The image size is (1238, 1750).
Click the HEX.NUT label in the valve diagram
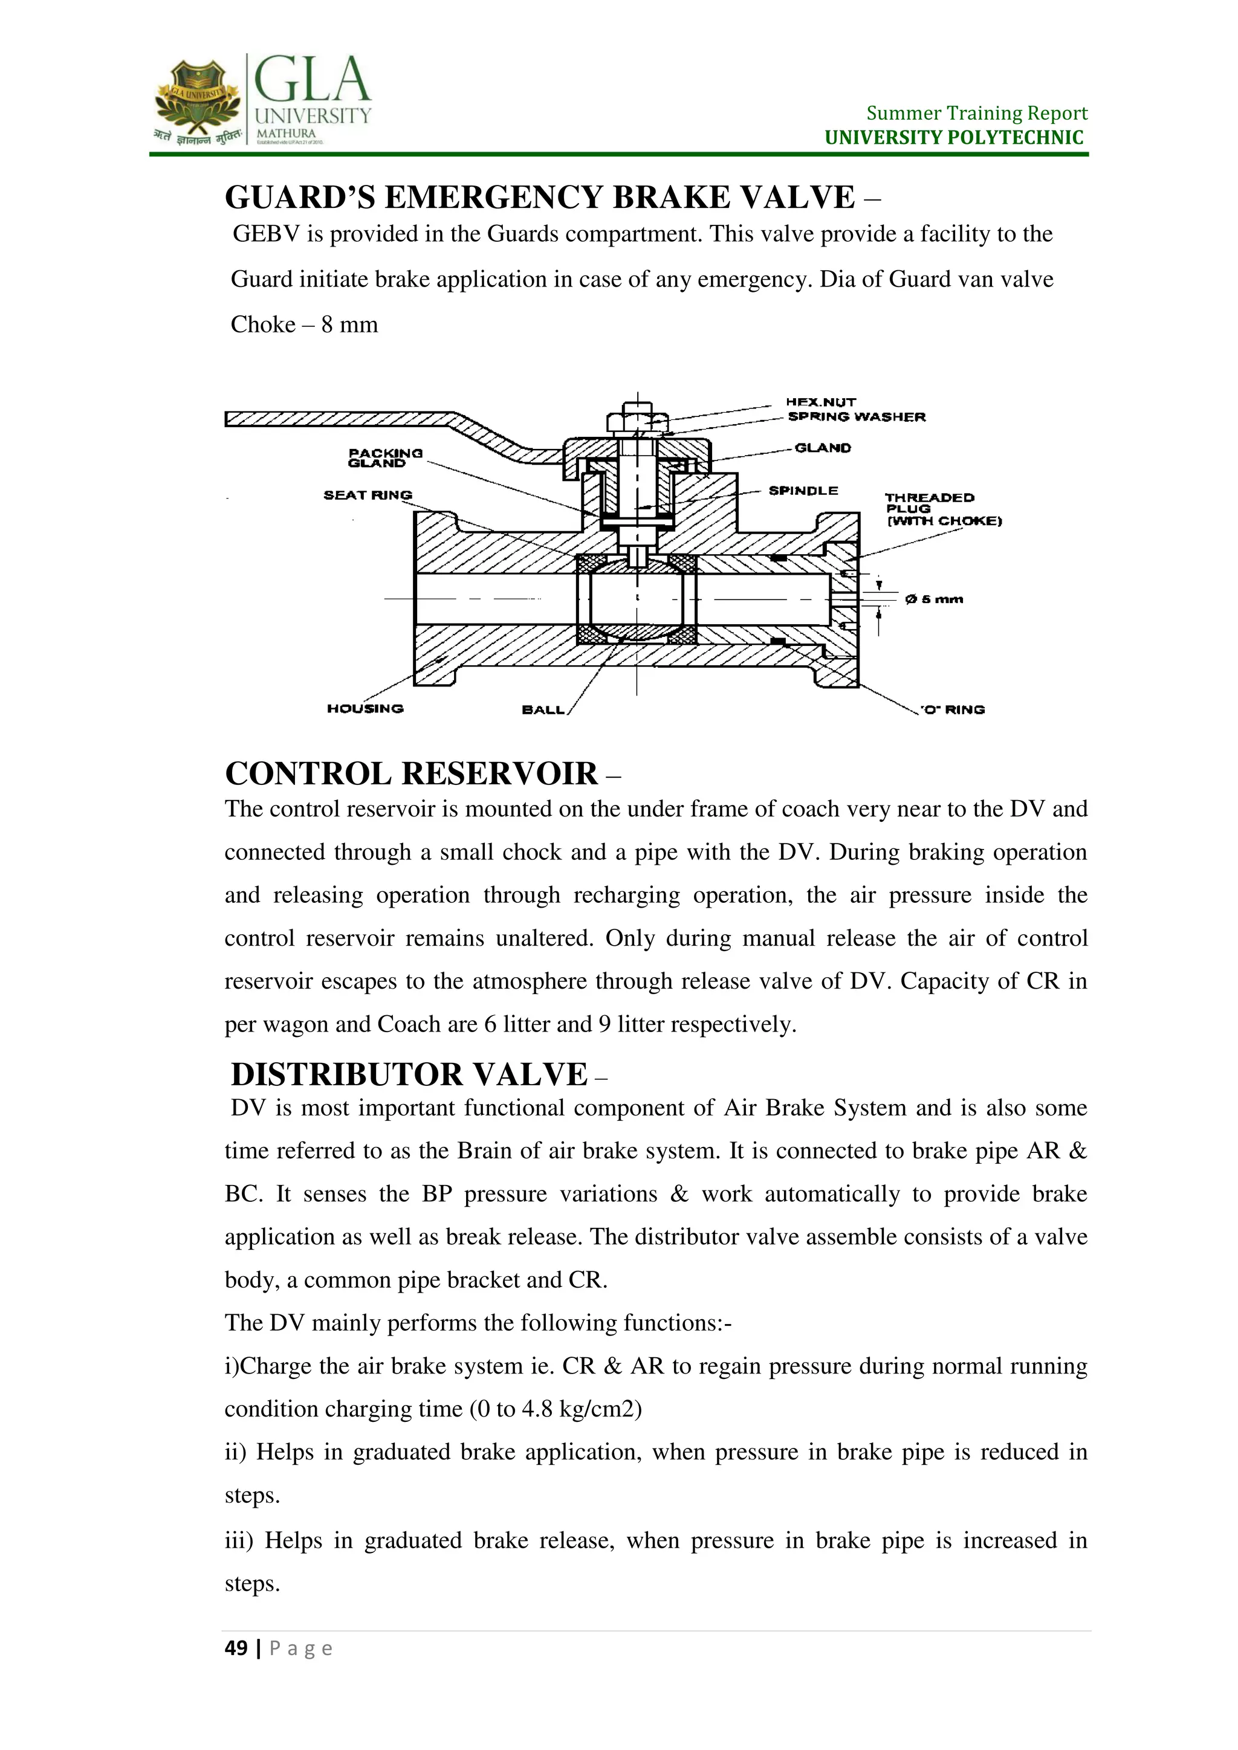820,402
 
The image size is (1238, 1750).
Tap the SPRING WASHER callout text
856,417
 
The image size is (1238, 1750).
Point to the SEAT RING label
368,496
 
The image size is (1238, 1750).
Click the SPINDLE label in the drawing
803,491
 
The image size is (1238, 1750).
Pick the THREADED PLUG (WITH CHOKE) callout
942,509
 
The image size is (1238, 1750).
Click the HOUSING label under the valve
365,709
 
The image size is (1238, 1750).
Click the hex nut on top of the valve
637,421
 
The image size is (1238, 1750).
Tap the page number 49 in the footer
236,1648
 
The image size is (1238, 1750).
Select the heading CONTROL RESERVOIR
411,773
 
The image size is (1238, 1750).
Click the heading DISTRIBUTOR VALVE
409,1074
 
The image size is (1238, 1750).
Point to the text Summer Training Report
976,114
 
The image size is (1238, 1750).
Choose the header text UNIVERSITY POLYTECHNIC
954,138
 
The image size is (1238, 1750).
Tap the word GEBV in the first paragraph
266,234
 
